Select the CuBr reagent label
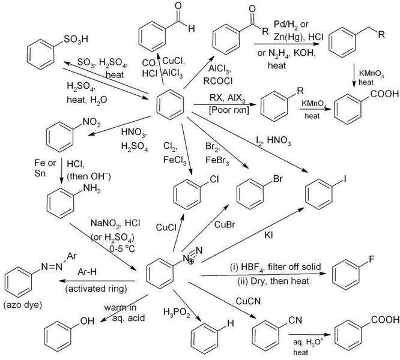(x=224, y=225)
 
